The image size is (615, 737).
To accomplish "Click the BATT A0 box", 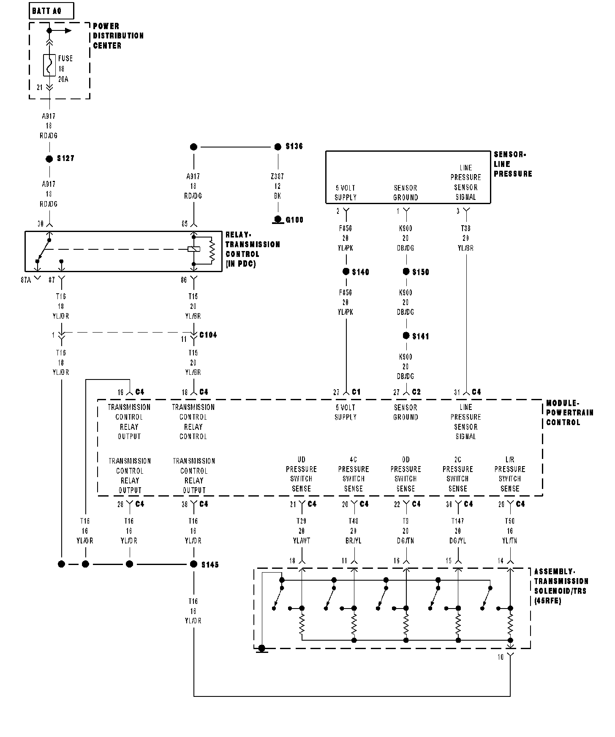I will click(51, 11).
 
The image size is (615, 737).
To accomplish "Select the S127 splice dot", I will click(49, 159).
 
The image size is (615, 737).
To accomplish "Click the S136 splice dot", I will click(278, 147).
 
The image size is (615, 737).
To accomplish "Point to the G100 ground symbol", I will click(278, 220).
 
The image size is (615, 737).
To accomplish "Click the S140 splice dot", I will click(346, 272).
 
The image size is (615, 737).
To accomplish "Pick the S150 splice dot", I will click(406, 272).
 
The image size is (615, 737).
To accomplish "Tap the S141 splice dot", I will click(406, 336).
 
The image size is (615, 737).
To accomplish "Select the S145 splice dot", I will click(194, 564).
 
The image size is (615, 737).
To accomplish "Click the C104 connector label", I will click(208, 335).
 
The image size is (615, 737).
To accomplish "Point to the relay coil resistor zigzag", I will click(212, 250).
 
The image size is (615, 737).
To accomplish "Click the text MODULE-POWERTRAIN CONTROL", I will click(569, 413).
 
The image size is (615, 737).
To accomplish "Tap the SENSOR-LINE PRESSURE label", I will click(512, 164).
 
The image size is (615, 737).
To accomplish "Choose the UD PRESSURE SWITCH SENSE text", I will click(301, 474).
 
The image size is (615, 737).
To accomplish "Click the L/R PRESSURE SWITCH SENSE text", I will click(510, 474).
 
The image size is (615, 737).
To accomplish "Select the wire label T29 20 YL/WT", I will click(301, 531).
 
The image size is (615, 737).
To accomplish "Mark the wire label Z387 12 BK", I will click(278, 186).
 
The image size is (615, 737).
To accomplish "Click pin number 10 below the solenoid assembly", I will click(501, 657).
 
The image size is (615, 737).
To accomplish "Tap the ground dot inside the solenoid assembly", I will click(262, 648).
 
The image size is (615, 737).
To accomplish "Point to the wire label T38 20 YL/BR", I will click(466, 238).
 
